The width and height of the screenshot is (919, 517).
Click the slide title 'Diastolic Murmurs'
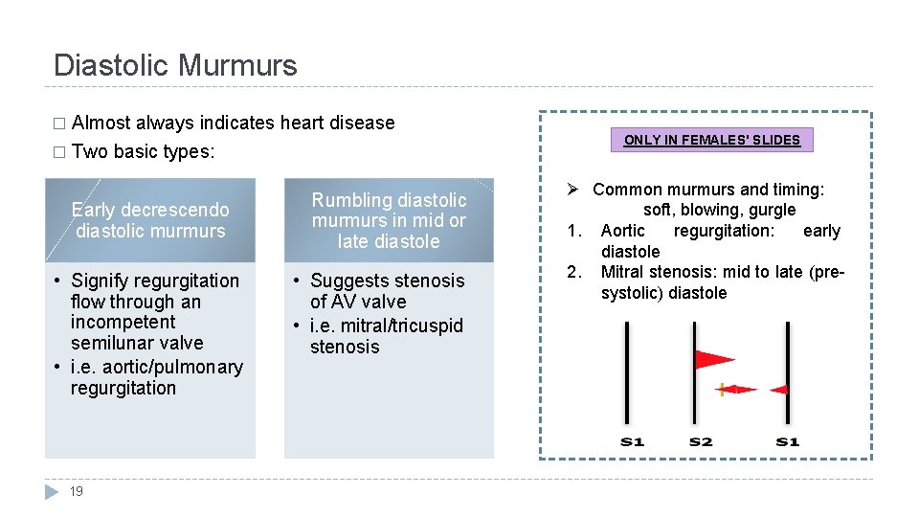[x=175, y=65]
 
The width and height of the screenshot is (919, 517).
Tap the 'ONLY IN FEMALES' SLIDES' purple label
[x=711, y=140]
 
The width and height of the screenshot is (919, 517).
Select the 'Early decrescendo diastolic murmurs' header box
[x=150, y=220]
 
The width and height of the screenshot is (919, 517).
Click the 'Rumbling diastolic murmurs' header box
[x=389, y=220]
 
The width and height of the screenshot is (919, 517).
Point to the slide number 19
[x=77, y=491]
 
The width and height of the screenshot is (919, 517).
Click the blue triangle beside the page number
[x=53, y=491]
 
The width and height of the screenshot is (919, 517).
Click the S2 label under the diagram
[x=701, y=441]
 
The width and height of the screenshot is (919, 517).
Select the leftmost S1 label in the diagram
[x=632, y=441]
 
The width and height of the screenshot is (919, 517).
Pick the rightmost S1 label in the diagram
[x=787, y=441]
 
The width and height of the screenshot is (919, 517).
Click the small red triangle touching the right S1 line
[x=778, y=390]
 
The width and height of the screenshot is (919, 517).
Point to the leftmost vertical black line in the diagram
[x=627, y=373]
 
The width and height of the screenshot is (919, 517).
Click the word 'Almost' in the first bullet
[x=101, y=123]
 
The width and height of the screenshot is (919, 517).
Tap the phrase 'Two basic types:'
[x=143, y=151]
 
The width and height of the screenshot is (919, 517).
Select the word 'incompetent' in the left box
[x=123, y=322]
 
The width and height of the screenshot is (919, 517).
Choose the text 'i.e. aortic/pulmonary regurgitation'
[x=156, y=377]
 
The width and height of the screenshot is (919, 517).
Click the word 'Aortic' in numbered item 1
[x=622, y=231]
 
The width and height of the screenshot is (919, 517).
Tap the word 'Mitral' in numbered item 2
[x=621, y=272]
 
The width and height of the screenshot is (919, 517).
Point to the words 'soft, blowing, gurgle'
[x=719, y=210]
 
